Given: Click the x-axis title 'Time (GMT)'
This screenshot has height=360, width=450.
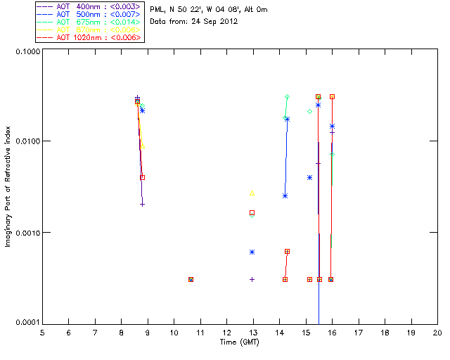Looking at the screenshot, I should (240, 341).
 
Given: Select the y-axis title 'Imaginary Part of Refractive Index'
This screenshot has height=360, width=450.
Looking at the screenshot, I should (8, 186).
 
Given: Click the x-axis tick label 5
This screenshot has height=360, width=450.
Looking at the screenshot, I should (42, 332).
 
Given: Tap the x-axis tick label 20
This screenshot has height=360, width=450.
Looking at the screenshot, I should (437, 332).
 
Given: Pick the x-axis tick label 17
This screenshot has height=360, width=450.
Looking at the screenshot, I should (358, 332).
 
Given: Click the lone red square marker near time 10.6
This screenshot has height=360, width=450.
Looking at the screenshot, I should (191, 279).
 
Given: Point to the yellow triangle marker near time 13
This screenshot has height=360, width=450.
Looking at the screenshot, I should (252, 193).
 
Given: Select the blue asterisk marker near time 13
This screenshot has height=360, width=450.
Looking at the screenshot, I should (252, 252).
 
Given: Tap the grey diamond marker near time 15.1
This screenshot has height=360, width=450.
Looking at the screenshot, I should (309, 111).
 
